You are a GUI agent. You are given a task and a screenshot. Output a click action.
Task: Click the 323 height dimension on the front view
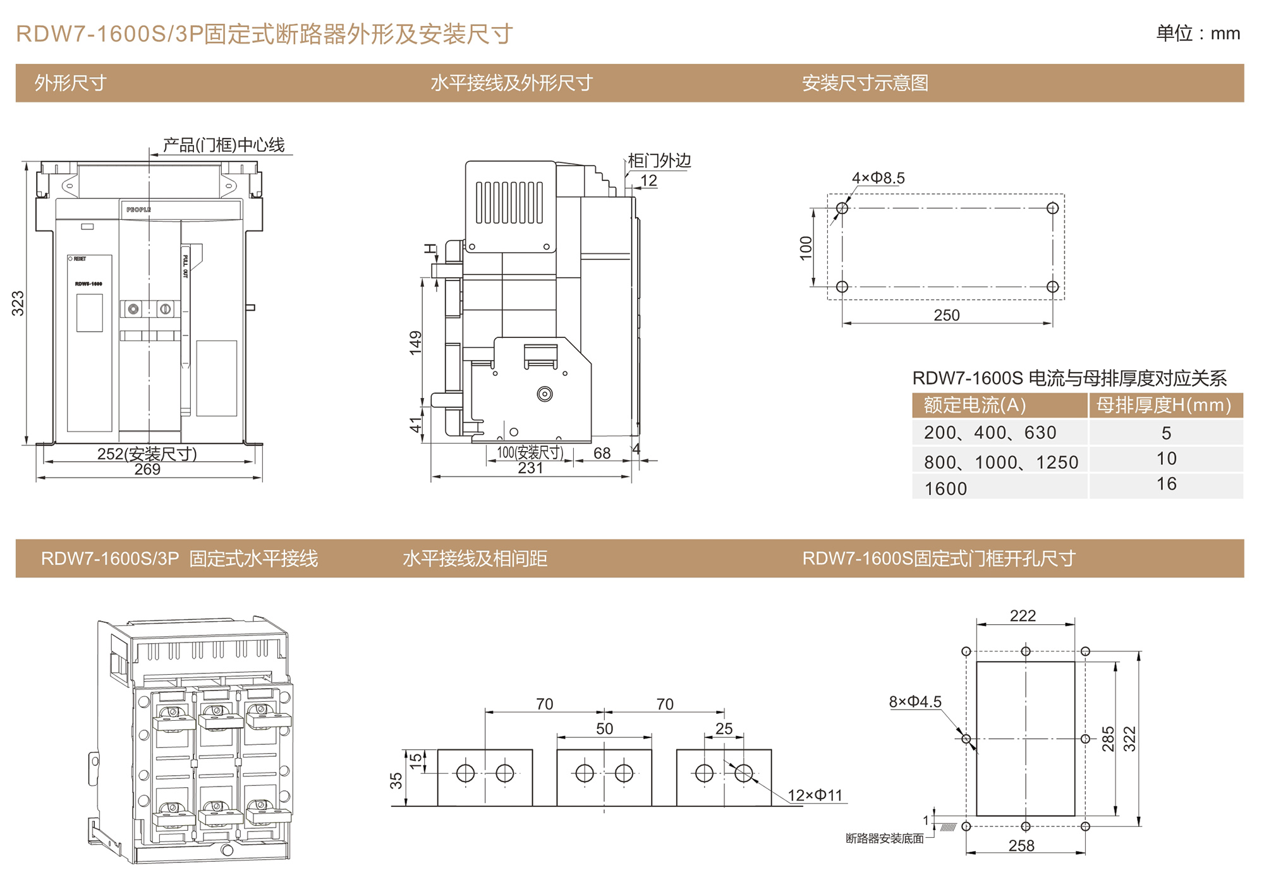[18, 303]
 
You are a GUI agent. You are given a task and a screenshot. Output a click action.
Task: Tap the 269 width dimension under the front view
[147, 469]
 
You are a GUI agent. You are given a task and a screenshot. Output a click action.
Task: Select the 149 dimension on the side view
[415, 342]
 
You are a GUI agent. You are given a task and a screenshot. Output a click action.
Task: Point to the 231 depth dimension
[530, 468]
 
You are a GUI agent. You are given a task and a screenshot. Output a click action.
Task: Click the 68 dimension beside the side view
[602, 453]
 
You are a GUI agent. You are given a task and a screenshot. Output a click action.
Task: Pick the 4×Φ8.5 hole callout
[878, 178]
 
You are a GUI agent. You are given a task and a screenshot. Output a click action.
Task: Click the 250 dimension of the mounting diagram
[946, 315]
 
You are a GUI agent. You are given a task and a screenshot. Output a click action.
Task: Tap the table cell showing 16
[1166, 484]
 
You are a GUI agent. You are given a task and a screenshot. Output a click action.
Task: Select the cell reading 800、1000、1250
[1000, 462]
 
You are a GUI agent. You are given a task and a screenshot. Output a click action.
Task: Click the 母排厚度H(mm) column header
[1164, 405]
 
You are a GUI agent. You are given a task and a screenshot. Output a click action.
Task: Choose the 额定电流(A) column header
[975, 405]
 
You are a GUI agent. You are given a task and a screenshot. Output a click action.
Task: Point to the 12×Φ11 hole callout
[815, 795]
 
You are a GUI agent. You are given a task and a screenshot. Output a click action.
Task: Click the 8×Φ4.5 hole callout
[915, 702]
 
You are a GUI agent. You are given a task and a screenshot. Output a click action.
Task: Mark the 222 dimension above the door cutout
[1023, 616]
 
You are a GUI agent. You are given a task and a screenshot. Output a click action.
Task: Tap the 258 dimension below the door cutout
[1021, 846]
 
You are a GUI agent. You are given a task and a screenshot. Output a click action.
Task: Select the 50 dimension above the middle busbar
[604, 728]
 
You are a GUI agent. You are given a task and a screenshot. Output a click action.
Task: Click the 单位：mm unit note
[1198, 33]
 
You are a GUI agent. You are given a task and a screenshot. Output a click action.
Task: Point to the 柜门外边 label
[659, 160]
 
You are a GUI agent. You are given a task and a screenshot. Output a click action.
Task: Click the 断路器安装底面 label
[884, 838]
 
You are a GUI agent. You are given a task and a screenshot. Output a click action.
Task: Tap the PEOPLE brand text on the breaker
[138, 210]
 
